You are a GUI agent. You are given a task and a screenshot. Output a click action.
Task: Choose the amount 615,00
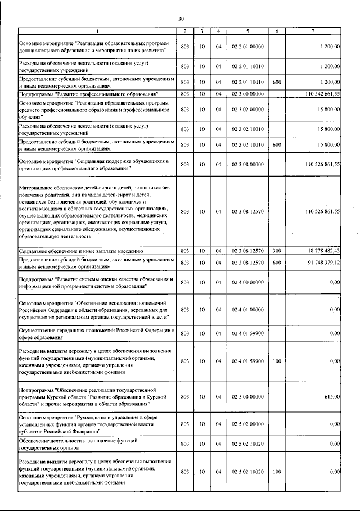click(332, 396)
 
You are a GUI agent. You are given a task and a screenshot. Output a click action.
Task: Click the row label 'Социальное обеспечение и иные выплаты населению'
click(83, 251)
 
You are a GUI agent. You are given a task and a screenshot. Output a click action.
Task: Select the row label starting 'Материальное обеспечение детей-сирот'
click(93, 212)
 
